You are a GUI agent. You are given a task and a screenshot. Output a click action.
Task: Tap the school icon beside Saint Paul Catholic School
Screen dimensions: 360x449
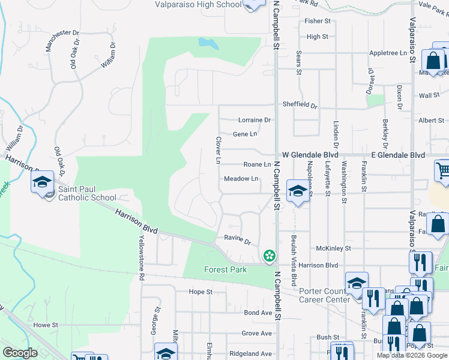click(x=43, y=182)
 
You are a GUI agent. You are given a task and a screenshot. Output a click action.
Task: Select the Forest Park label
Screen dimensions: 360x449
click(x=225, y=269)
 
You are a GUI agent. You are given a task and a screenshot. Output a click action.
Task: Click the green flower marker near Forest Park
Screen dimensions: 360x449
click(x=270, y=256)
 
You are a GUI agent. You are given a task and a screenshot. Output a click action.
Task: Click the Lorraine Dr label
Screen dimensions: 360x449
click(x=255, y=120)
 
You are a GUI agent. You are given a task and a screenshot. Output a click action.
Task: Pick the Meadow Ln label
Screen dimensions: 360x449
click(x=241, y=179)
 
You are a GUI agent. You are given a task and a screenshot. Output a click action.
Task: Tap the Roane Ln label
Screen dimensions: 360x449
click(x=258, y=164)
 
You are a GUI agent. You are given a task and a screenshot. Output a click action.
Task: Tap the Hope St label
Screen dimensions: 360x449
click(x=201, y=292)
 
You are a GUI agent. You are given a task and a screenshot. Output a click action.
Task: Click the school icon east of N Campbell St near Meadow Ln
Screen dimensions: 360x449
click(x=297, y=191)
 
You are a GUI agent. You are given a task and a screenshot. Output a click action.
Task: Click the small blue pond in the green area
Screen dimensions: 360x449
click(x=209, y=43)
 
